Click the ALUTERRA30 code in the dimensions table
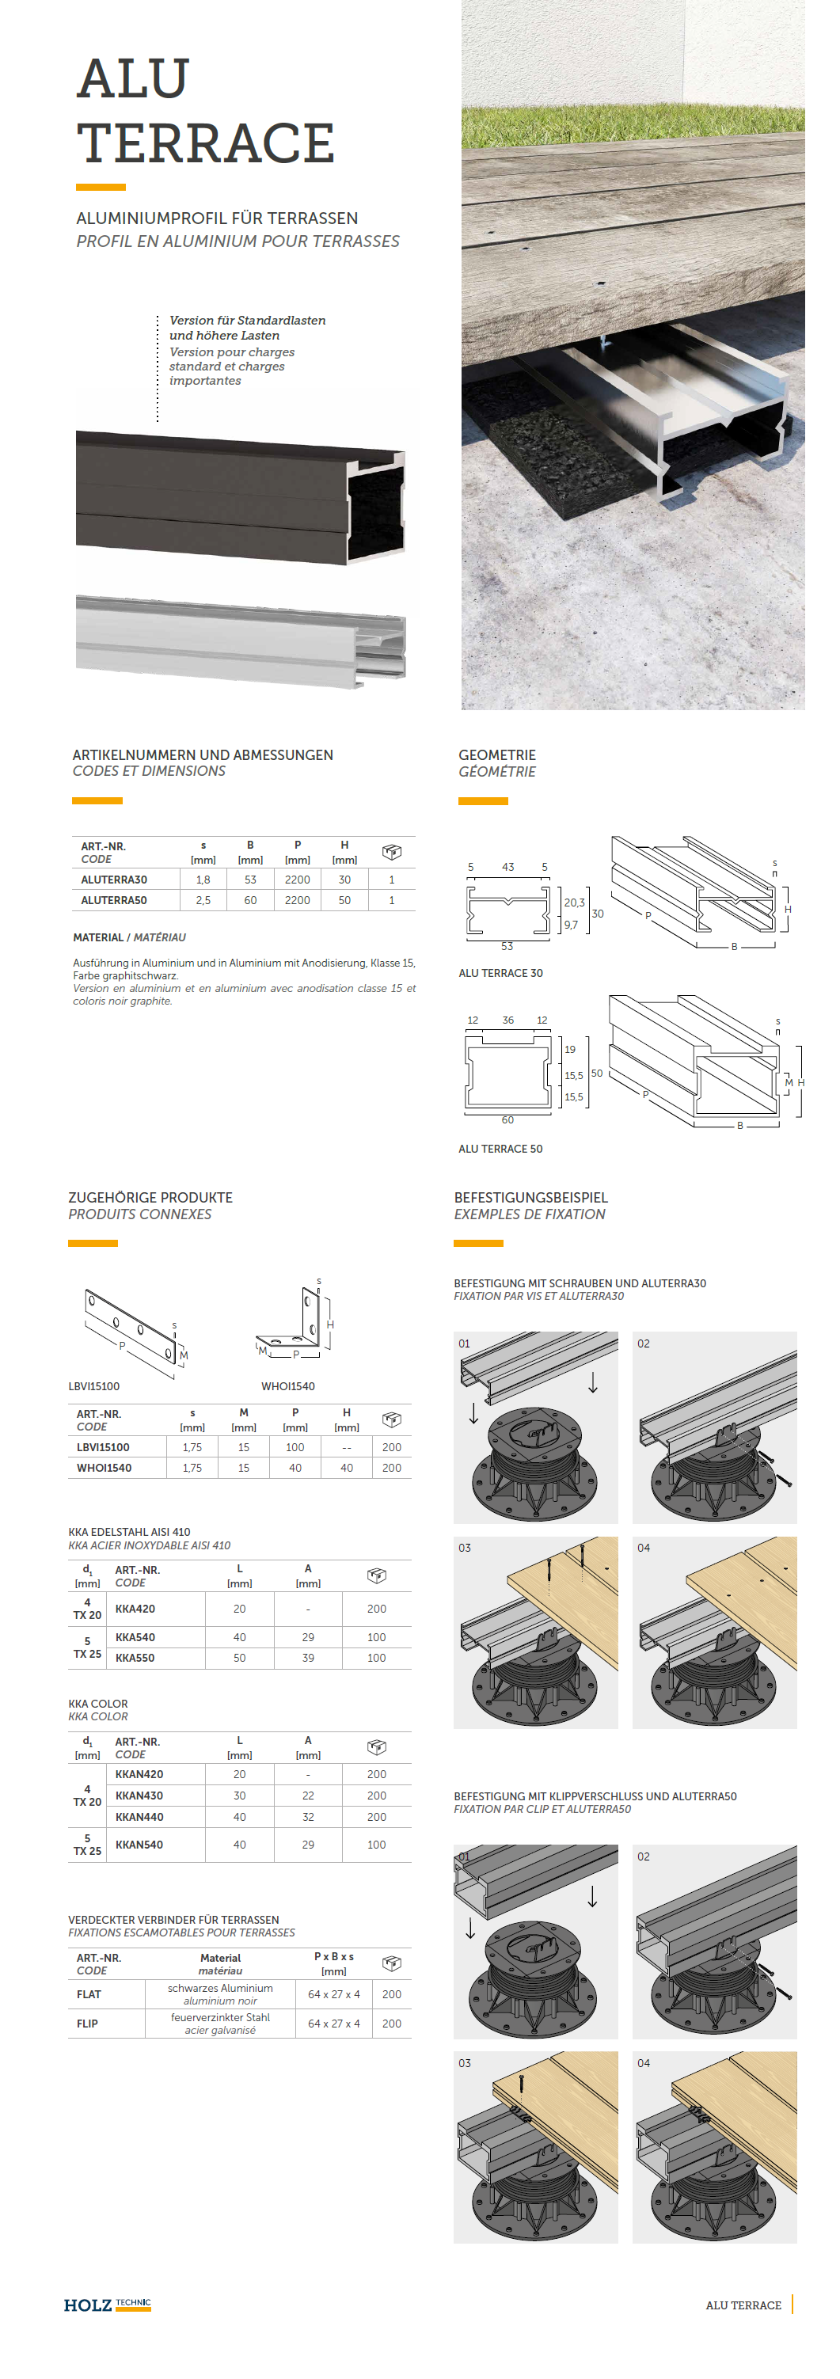point(113,880)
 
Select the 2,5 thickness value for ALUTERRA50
point(203,899)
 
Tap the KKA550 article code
point(135,1658)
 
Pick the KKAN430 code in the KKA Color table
point(139,1796)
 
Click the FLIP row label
point(88,2024)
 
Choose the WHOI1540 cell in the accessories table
point(105,1468)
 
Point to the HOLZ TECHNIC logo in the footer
point(107,2305)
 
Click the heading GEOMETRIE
point(496,754)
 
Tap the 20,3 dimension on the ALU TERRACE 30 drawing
point(573,903)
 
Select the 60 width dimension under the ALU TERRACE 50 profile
point(507,1120)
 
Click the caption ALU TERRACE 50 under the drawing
point(500,1149)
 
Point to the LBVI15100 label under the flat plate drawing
point(94,1386)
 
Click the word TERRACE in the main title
point(206,143)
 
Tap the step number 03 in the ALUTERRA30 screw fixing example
point(464,1548)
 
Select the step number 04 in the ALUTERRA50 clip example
point(644,2063)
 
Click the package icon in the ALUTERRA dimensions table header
point(391,852)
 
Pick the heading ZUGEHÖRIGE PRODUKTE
point(150,1198)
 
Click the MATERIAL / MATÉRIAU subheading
point(129,937)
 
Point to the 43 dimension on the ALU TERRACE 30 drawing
point(507,867)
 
